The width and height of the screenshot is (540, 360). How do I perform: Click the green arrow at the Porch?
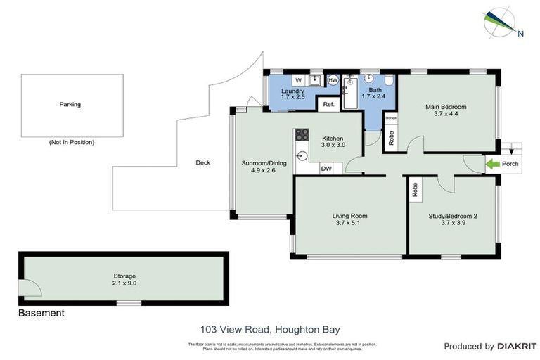pyautogui.click(x=494, y=165)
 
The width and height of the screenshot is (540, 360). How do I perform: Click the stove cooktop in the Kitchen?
pyautogui.click(x=302, y=134)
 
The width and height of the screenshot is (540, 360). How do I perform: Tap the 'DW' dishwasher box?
pyautogui.click(x=326, y=169)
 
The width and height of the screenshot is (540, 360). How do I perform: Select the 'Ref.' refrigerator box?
pyautogui.click(x=328, y=105)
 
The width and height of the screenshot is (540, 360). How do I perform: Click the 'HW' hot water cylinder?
pyautogui.click(x=333, y=80)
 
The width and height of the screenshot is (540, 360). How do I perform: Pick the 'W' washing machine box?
pyautogui.click(x=298, y=80)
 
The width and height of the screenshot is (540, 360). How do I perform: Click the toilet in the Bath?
pyautogui.click(x=388, y=80)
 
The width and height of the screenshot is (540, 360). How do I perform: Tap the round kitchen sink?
pyautogui.click(x=302, y=156)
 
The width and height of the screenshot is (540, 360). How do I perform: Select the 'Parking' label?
pyautogui.click(x=70, y=105)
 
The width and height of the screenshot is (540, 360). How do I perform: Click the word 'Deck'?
pyautogui.click(x=203, y=162)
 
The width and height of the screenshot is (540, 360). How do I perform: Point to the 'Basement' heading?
pyautogui.click(x=41, y=313)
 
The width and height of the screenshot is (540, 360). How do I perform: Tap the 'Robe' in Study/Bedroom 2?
pyautogui.click(x=416, y=189)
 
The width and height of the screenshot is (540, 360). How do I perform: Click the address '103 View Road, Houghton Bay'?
pyautogui.click(x=270, y=328)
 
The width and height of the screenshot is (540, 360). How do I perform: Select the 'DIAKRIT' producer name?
pyautogui.click(x=517, y=346)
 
